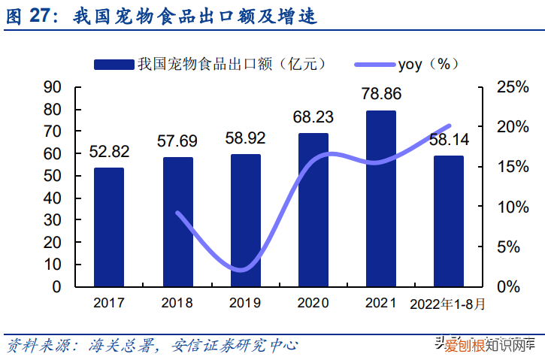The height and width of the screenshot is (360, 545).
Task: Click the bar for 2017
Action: click(x=109, y=227)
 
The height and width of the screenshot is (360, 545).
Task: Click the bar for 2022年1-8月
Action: click(x=448, y=221)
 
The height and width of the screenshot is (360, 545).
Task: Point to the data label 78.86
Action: click(x=381, y=94)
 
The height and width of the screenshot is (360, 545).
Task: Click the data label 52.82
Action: click(x=109, y=152)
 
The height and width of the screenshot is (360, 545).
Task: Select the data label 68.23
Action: click(x=313, y=116)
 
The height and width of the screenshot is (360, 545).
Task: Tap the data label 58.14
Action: click(x=450, y=140)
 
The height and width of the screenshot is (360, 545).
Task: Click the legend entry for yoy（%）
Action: click(x=428, y=64)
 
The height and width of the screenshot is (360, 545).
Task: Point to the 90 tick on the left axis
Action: click(x=53, y=87)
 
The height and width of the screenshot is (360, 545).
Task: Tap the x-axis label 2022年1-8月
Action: click(x=448, y=304)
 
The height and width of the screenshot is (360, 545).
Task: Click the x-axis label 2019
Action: click(x=245, y=304)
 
